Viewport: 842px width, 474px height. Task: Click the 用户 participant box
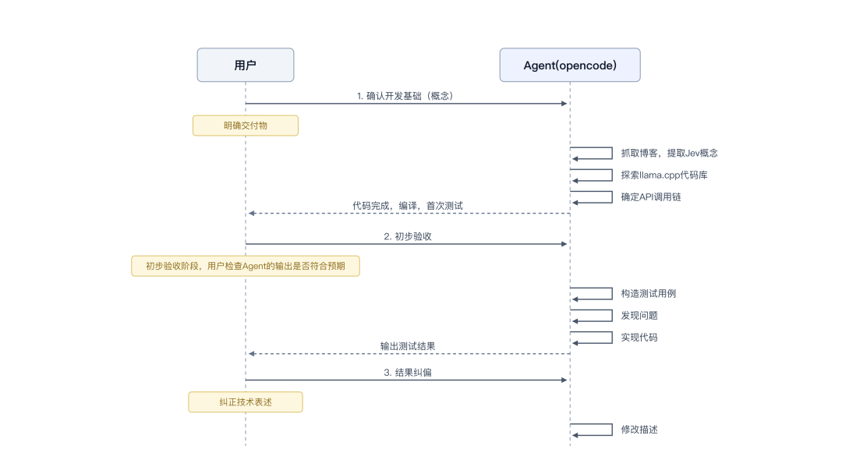[x=246, y=65]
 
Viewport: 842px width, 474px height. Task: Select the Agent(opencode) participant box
[x=570, y=65]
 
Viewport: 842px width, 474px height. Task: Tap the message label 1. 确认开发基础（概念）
[x=406, y=96]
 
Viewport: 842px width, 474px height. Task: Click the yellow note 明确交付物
[x=246, y=126]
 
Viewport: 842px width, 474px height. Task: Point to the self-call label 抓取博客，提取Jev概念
[x=669, y=153]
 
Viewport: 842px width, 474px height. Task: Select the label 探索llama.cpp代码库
[x=664, y=175]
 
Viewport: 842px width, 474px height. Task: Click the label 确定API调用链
[x=651, y=197]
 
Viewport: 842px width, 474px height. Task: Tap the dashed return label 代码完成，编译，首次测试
[x=408, y=206]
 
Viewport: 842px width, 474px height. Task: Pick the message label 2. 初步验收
[x=408, y=236]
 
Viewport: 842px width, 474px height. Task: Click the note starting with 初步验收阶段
[x=246, y=266]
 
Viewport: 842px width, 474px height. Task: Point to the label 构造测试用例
[x=648, y=294]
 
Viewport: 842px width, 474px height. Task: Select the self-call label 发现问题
[x=639, y=316]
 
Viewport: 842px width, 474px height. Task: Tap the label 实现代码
[x=639, y=338]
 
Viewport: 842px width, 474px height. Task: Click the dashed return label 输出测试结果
[x=408, y=346]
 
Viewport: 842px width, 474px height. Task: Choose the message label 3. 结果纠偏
[x=408, y=373]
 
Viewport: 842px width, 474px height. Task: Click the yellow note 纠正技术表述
[x=246, y=402]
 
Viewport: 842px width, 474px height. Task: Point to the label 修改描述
[x=639, y=430]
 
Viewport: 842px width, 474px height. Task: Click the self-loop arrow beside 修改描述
[x=612, y=430]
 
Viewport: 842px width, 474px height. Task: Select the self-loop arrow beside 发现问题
[x=612, y=316]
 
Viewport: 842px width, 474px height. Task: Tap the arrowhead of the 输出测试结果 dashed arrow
[x=251, y=354]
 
